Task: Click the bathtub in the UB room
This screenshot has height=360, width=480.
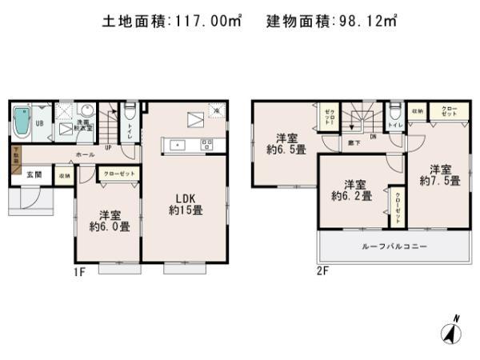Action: coord(23,121)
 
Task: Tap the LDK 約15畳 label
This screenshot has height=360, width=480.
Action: coord(182,205)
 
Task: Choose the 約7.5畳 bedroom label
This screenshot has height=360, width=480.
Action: coord(438,175)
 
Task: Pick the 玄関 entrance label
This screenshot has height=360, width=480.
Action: coord(33,174)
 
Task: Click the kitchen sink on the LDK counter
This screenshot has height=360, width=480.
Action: coord(178,145)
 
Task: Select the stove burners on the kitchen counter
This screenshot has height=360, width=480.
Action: coord(207,145)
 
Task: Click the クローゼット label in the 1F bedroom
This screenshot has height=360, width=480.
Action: coord(117,174)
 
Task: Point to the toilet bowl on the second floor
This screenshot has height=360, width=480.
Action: coord(396,113)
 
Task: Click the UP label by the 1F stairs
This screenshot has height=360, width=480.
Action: coord(108,147)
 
